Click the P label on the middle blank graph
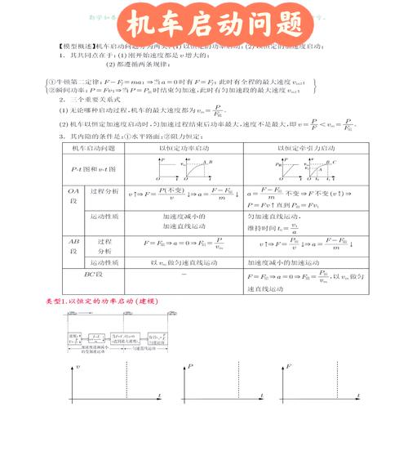point(190,369)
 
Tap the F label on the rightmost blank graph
point(290,369)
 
